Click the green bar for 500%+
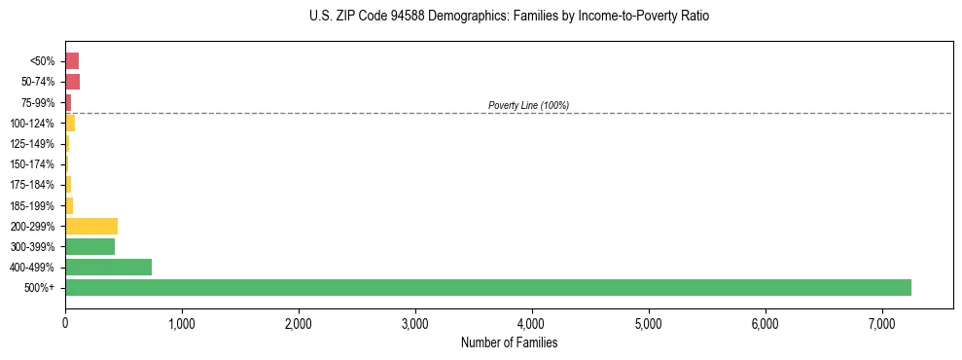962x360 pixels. [x=487, y=287]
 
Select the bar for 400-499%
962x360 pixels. [x=108, y=267]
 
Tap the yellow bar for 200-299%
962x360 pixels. [x=91, y=226]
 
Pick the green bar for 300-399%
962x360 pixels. [x=89, y=246]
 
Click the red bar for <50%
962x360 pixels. [x=72, y=60]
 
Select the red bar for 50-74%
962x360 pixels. [x=72, y=81]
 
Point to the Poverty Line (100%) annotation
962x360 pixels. [x=528, y=105]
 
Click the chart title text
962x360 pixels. [x=502, y=17]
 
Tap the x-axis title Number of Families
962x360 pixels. [x=509, y=342]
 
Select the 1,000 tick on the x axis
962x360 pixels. [x=182, y=322]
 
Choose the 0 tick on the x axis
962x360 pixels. [x=65, y=322]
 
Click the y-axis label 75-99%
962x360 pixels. [x=40, y=102]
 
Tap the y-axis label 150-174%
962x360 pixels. [x=32, y=164]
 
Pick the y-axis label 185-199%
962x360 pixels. [x=32, y=205]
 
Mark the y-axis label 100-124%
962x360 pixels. [x=32, y=123]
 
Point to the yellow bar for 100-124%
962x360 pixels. [x=70, y=123]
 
